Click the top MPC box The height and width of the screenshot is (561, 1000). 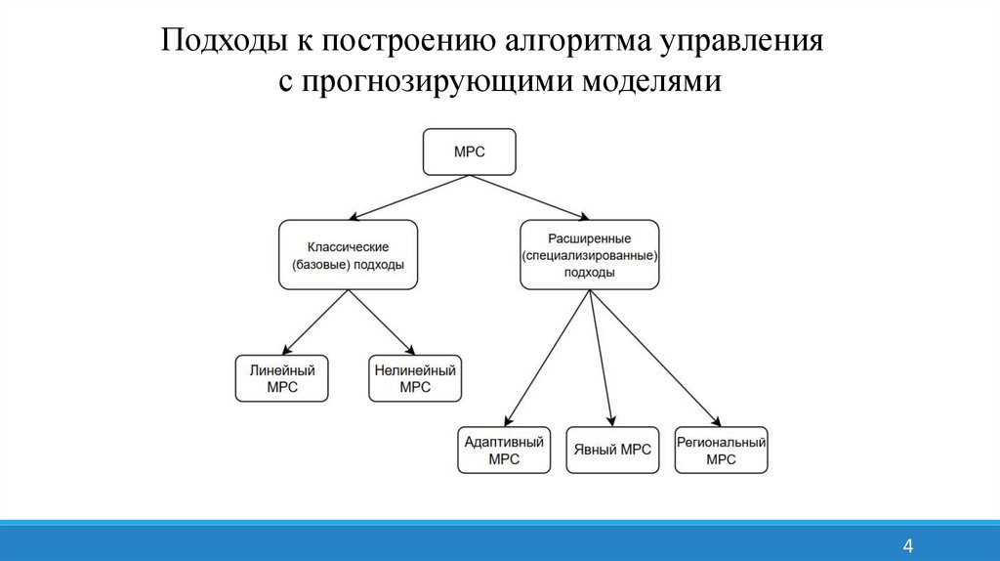click(x=469, y=151)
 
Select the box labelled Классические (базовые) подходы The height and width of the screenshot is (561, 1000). click(x=348, y=254)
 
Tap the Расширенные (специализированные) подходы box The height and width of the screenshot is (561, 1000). click(x=589, y=254)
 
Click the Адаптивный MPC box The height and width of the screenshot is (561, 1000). click(x=505, y=451)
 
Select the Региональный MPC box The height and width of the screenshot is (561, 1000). click(x=721, y=451)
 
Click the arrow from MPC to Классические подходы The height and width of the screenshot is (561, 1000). click(x=410, y=197)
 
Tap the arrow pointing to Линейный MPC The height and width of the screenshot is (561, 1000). click(x=314, y=322)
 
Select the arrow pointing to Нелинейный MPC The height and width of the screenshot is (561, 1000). click(x=382, y=322)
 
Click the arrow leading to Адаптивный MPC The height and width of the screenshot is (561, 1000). click(x=549, y=358)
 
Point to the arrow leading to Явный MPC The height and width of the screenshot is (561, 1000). click(x=602, y=358)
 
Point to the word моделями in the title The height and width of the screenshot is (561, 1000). click(x=654, y=81)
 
